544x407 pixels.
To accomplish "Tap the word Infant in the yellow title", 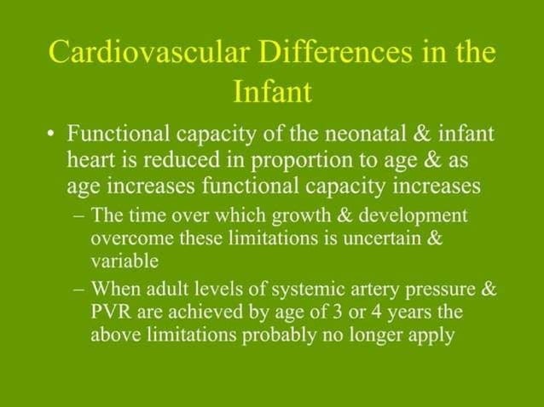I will tap(272, 91).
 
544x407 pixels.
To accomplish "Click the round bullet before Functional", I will tap(52, 135).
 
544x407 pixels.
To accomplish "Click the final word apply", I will tap(431, 335).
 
